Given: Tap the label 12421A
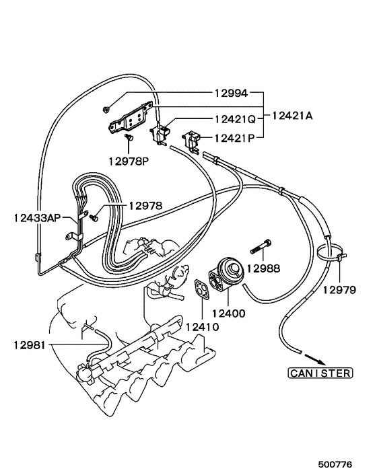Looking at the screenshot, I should coord(293,116).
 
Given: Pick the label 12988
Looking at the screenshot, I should coord(263,268).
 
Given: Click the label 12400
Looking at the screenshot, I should coord(229,312).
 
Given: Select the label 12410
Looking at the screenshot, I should coord(201,327).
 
